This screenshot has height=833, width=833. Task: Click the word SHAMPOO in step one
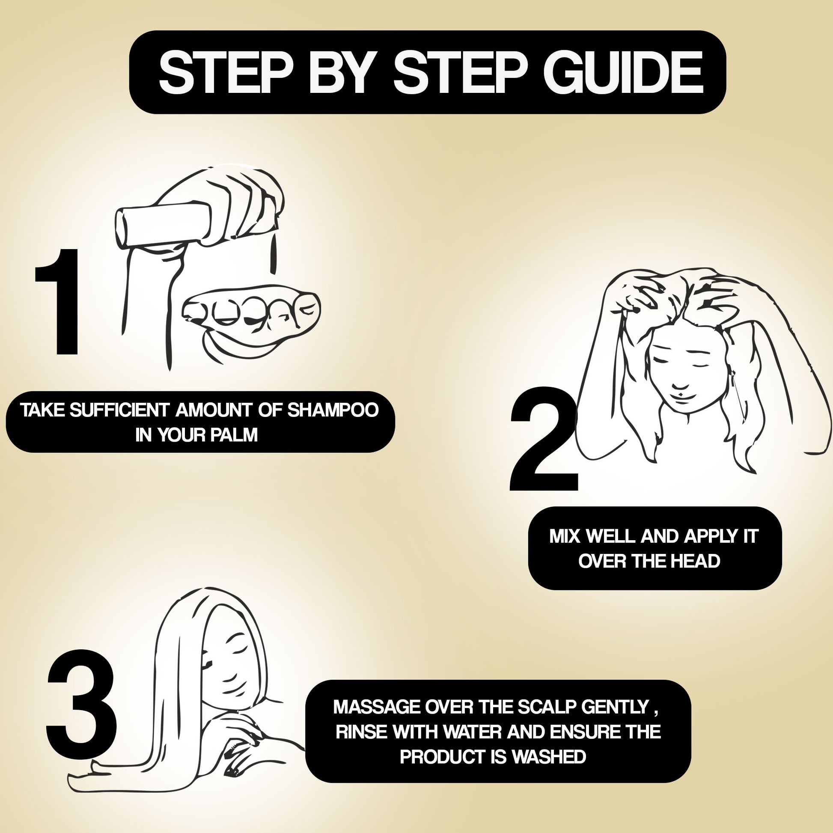[333, 410]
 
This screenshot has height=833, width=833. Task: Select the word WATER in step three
[472, 732]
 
